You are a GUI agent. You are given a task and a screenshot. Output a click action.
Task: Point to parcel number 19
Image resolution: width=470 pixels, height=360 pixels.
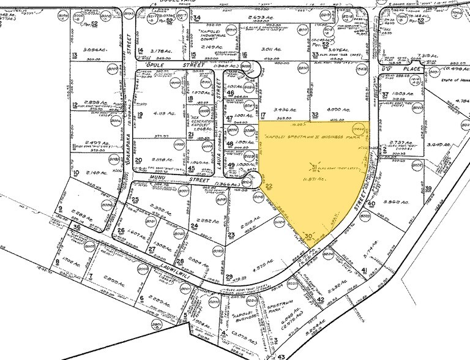point(140,114)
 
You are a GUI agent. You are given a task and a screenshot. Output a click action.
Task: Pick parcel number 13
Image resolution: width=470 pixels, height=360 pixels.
point(74,55)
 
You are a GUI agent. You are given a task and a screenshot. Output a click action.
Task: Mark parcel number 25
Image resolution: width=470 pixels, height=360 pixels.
point(135,200)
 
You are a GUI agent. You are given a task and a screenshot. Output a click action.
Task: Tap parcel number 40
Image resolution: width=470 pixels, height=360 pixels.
point(371,204)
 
